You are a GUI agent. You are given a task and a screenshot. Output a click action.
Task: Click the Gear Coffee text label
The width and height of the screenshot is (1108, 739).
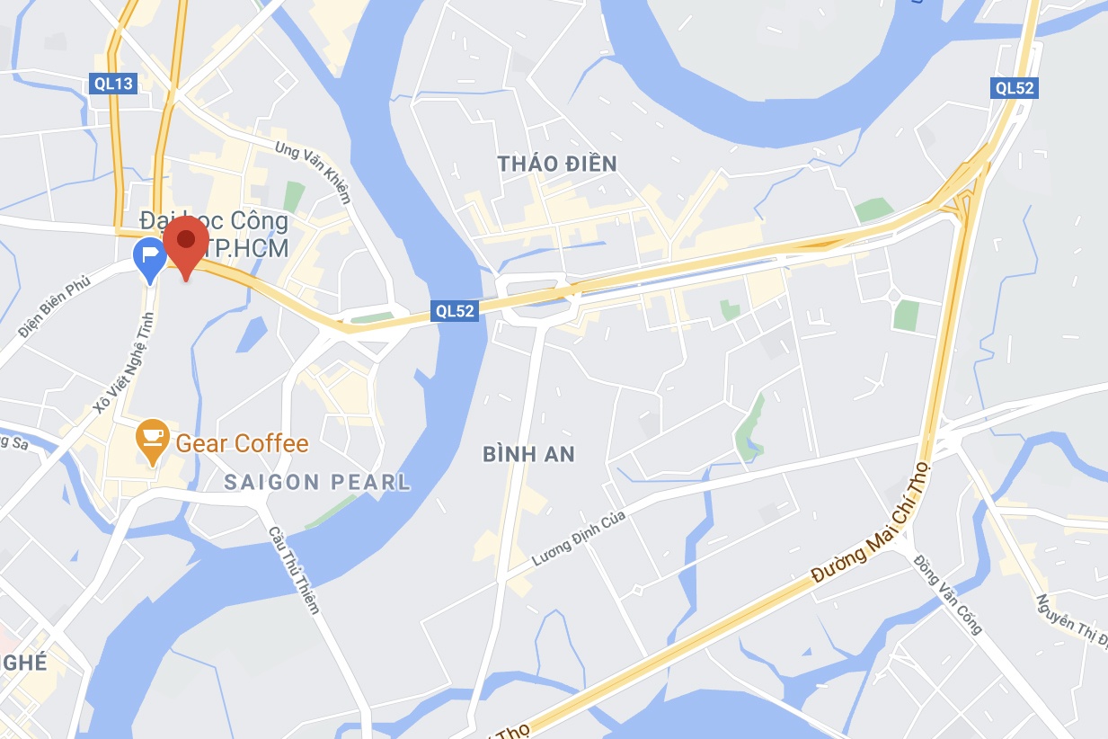click(x=242, y=443)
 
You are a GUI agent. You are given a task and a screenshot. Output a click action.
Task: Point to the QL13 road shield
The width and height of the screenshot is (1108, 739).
click(x=113, y=85)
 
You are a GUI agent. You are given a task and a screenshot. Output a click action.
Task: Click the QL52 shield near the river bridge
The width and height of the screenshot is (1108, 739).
click(x=454, y=309)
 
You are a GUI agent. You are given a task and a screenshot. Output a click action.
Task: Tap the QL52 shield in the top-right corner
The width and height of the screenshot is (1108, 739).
click(x=1015, y=87)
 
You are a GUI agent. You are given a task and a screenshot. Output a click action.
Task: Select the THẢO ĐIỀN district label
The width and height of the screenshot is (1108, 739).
click(x=558, y=164)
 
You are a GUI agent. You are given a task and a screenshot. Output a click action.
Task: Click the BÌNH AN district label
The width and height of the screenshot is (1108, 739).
click(x=528, y=455)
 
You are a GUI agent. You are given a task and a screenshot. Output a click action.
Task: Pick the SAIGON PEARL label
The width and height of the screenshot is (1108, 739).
click(x=317, y=483)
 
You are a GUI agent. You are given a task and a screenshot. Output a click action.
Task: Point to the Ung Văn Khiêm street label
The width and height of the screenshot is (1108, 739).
click(x=313, y=172)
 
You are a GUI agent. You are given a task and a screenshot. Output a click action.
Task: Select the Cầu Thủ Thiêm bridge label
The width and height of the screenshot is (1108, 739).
click(x=294, y=569)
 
